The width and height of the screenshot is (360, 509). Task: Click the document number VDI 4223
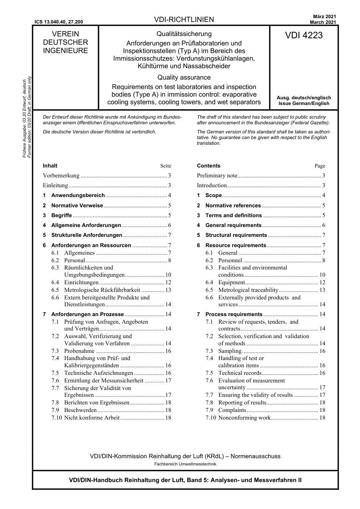tap(304, 35)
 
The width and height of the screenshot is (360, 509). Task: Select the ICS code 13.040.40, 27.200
tap(59, 22)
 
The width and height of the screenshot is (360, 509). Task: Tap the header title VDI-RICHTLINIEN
tap(184, 19)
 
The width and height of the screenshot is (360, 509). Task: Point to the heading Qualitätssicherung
tap(184, 34)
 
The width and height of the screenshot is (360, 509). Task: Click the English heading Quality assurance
tap(184, 77)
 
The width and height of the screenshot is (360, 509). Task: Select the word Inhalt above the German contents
tap(50, 166)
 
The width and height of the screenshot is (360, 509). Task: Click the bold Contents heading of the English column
tap(208, 166)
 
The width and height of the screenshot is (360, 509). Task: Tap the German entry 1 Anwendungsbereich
tap(78, 195)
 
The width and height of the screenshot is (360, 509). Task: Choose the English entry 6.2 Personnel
tap(230, 260)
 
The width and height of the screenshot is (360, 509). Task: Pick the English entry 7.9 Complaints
tap(232, 410)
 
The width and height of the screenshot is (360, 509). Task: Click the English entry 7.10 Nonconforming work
tap(244, 418)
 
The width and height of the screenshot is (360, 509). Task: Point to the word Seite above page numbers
tap(166, 166)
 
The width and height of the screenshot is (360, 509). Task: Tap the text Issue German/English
tap(304, 103)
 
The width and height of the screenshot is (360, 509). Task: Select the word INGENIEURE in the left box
tap(65, 51)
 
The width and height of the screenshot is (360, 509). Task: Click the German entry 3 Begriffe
tap(61, 215)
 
